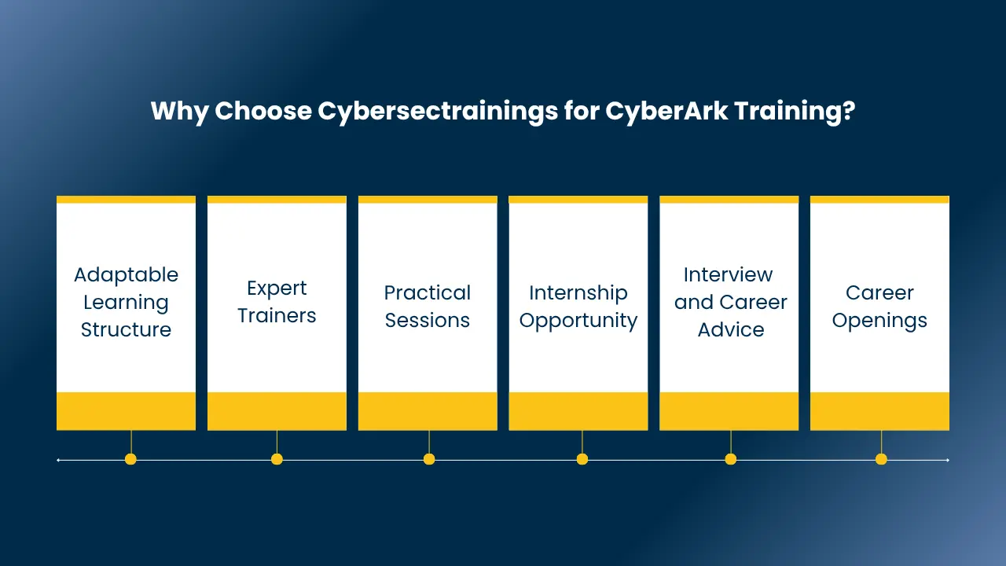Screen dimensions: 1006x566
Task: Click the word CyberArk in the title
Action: coord(666,111)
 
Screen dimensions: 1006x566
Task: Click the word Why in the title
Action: coord(179,112)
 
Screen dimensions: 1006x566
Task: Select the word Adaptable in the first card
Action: coord(127,275)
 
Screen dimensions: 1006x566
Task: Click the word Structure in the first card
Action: coord(127,329)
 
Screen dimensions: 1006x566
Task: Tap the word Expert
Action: coord(277,289)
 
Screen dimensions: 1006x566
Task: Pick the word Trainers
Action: coord(277,315)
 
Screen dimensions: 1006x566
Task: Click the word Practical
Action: coord(428,293)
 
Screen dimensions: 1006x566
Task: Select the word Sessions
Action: coord(428,320)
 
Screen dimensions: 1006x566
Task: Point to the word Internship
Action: coord(578,294)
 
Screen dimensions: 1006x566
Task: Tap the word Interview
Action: coord(728,274)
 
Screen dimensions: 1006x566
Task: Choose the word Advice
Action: coord(731,329)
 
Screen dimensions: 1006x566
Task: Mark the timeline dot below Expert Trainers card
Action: coord(277,459)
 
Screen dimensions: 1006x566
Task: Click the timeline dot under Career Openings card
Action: coord(881,459)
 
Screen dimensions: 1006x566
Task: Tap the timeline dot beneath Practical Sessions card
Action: coord(429,459)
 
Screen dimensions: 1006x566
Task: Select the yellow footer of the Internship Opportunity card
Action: coord(578,411)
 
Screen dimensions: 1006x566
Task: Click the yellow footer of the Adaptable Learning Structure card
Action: coord(127,411)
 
